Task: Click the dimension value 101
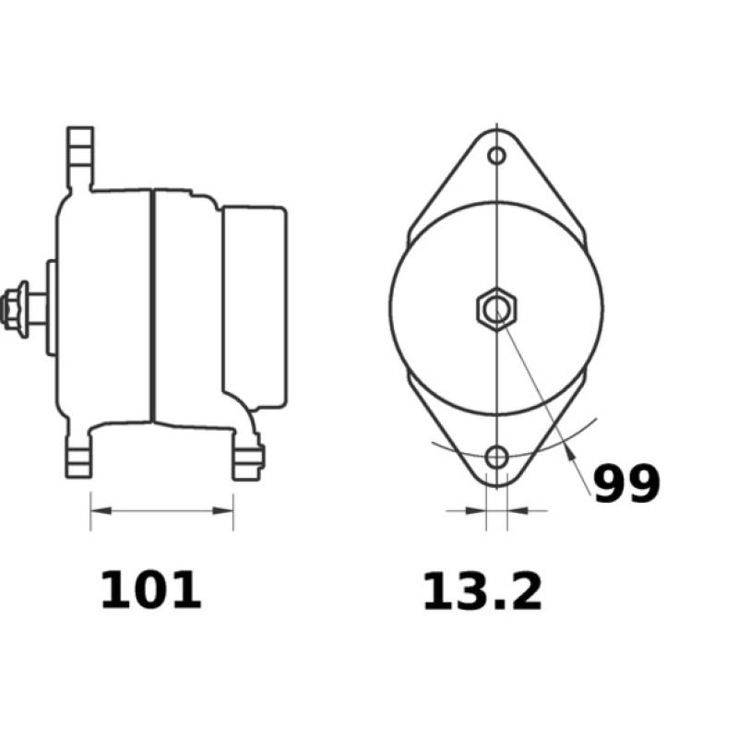[150, 591]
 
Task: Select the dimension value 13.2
[482, 592]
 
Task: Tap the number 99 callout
[626, 483]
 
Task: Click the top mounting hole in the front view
[497, 155]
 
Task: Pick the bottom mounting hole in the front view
[497, 456]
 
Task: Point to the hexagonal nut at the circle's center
[496, 306]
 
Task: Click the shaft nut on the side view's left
[16, 308]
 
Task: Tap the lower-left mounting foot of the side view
[79, 457]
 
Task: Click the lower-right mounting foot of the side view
[246, 458]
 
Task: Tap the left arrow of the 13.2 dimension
[479, 509]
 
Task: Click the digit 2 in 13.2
[524, 592]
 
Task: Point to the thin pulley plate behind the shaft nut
[52, 307]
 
